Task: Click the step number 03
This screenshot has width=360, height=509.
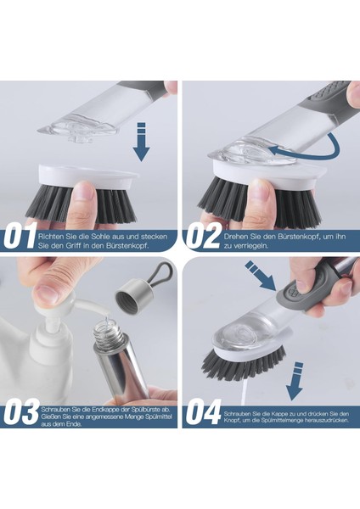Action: pyautogui.click(x=21, y=413)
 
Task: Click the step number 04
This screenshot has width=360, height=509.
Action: pyautogui.click(x=204, y=413)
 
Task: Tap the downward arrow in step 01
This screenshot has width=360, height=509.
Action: pyautogui.click(x=141, y=142)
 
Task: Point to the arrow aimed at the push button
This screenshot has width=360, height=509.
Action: pyautogui.click(x=261, y=275)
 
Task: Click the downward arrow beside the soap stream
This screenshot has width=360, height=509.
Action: pyautogui.click(x=295, y=382)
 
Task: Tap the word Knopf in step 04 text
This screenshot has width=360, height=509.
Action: pyautogui.click(x=232, y=421)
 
